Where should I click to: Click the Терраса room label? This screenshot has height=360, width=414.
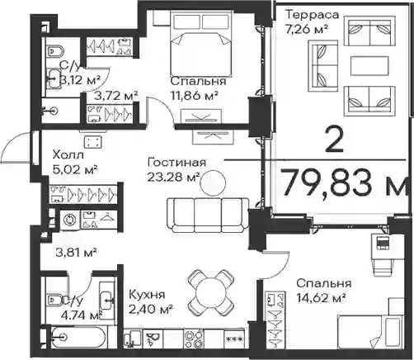pyautogui.click(x=313, y=15)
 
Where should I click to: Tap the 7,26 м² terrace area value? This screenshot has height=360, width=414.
pyautogui.click(x=308, y=29)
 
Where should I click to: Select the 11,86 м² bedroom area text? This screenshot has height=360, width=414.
pyautogui.click(x=195, y=96)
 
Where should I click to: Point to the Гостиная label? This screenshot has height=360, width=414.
pyautogui.click(x=176, y=162)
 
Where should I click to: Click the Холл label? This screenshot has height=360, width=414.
pyautogui.click(x=68, y=155)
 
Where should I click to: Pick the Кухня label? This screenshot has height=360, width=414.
pyautogui.click(x=147, y=295)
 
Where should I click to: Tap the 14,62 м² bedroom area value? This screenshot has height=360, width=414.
pyautogui.click(x=321, y=297)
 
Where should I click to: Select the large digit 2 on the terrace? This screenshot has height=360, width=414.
pyautogui.click(x=334, y=140)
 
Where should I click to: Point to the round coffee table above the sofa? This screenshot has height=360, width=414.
pyautogui.click(x=213, y=182)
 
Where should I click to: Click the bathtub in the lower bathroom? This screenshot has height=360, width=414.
pyautogui.click(x=78, y=337)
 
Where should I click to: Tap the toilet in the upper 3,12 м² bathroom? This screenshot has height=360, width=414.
pyautogui.click(x=55, y=51)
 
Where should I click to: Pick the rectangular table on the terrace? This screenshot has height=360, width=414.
pyautogui.click(x=369, y=66)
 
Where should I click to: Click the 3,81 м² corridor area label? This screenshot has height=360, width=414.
pyautogui.click(x=76, y=252)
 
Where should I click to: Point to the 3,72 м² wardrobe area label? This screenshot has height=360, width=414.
pyautogui.click(x=115, y=96)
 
